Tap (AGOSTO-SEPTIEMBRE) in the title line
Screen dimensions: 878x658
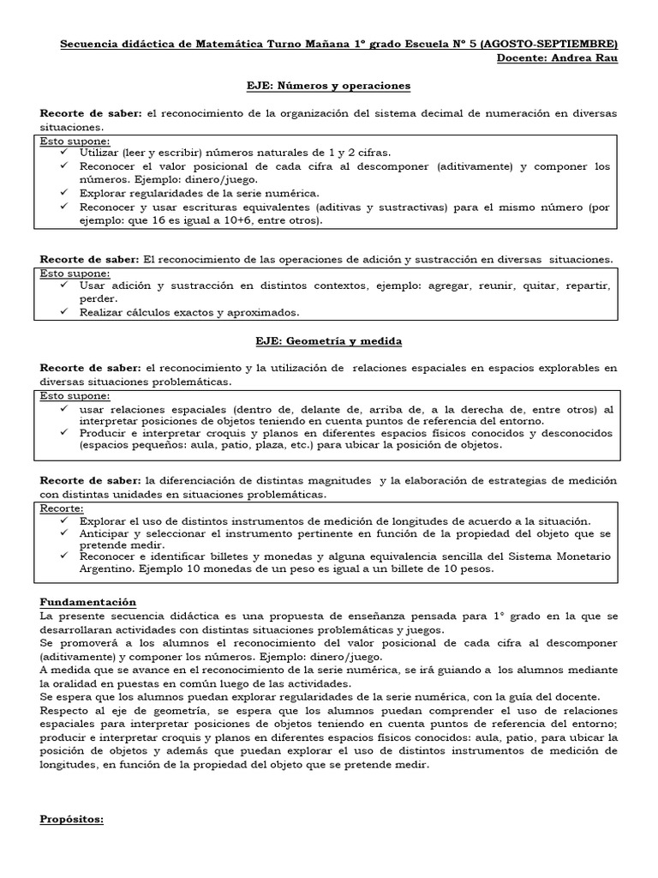548,44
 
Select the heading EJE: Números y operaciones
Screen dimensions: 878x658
328,86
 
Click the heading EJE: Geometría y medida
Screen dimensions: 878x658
328,340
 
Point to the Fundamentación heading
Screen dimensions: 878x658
88,602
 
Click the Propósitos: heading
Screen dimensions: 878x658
72,819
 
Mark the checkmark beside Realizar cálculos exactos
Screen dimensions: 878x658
66,311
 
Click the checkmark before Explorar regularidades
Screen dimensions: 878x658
66,193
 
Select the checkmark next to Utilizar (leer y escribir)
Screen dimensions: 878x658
66,152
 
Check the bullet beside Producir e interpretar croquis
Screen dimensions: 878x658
66,432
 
